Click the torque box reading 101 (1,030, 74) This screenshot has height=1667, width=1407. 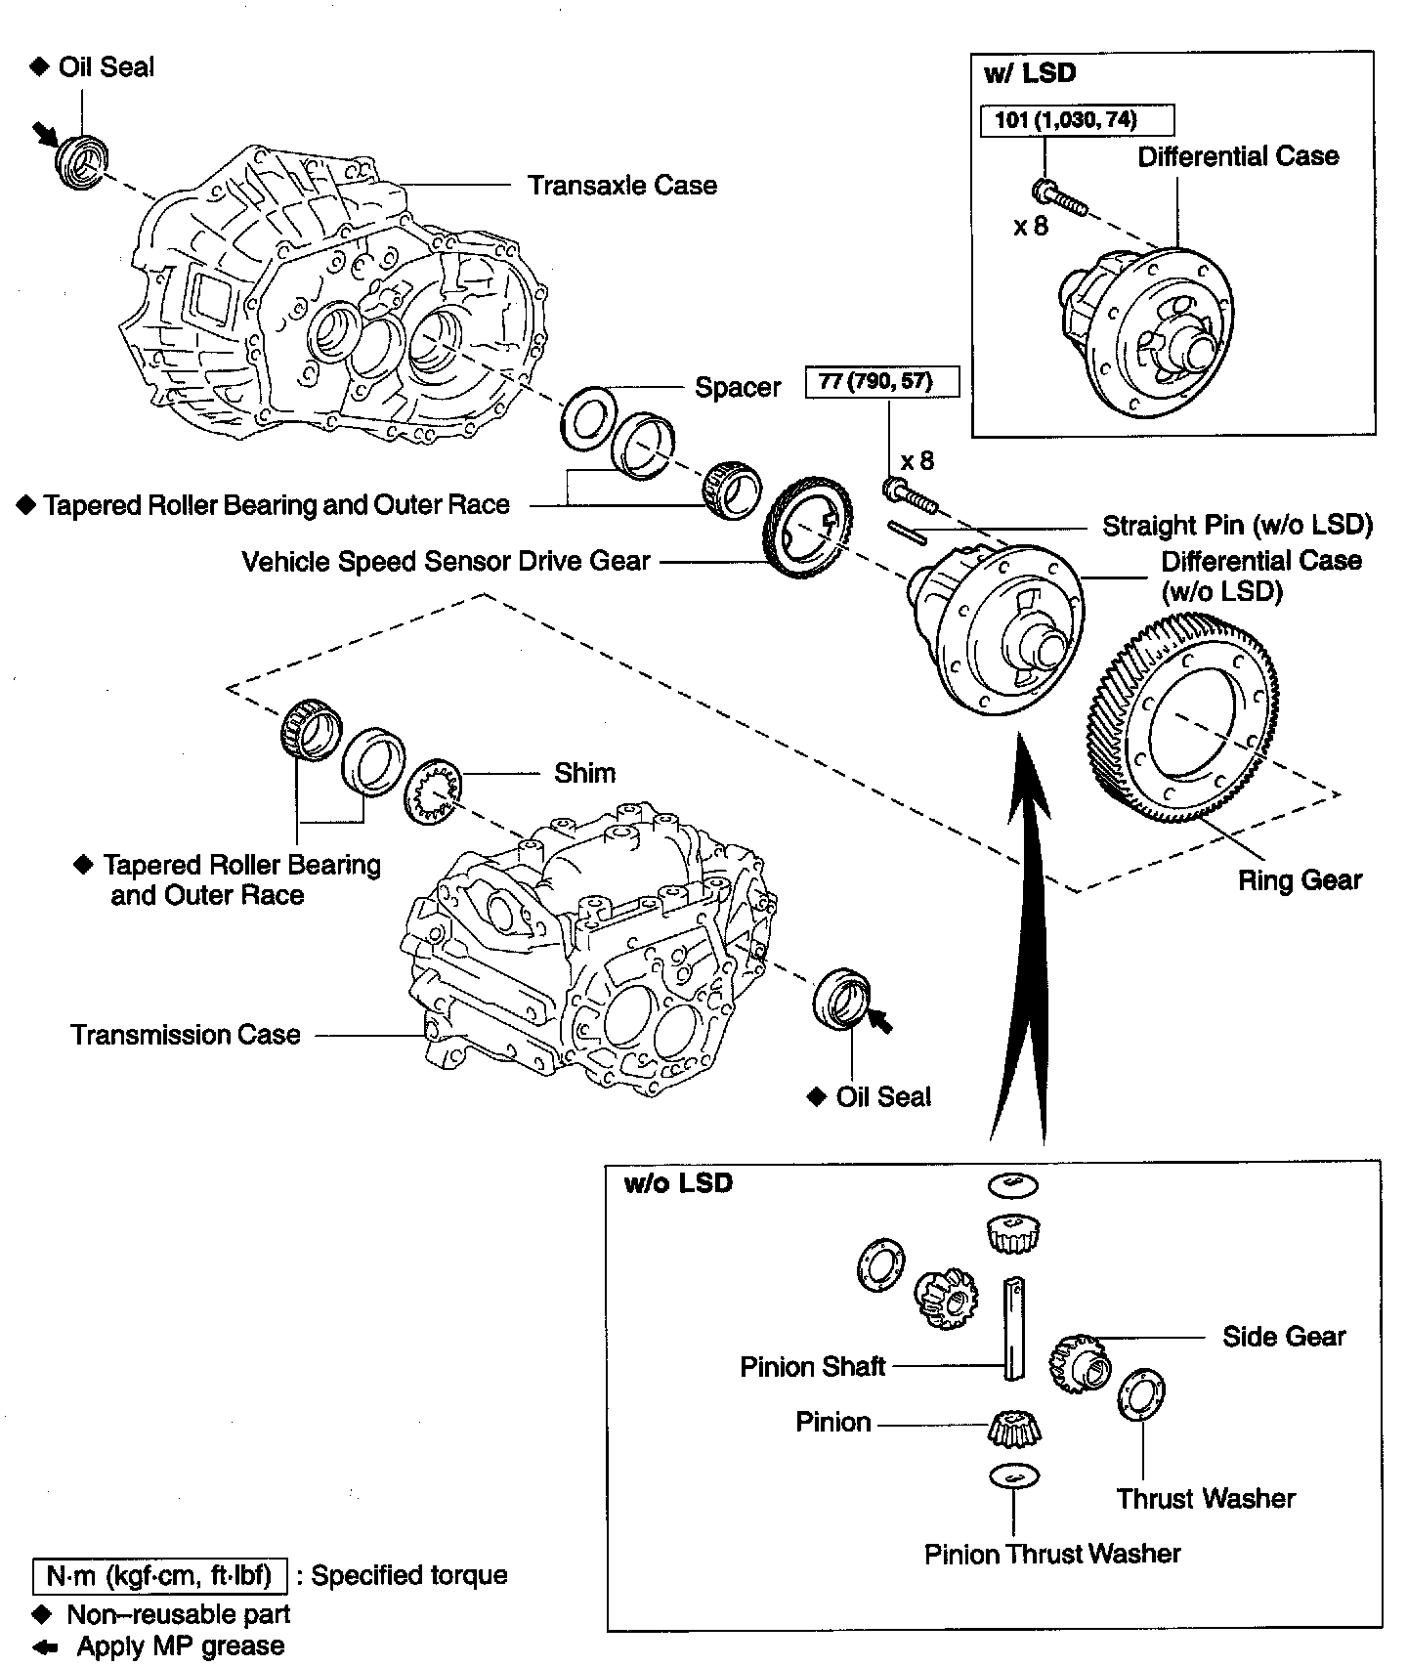pyautogui.click(x=1077, y=120)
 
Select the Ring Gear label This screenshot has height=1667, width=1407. pyautogui.click(x=1299, y=880)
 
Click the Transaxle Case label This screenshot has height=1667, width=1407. pyautogui.click(x=622, y=186)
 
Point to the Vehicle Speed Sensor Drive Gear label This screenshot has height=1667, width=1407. pyautogui.click(x=446, y=562)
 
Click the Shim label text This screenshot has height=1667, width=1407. pyautogui.click(x=584, y=773)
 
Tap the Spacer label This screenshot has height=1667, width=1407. pyautogui.click(x=738, y=388)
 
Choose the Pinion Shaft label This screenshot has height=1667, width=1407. pyautogui.click(x=812, y=1366)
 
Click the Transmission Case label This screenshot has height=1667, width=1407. pyautogui.click(x=186, y=1035)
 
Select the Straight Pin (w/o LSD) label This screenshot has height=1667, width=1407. pyautogui.click(x=1237, y=526)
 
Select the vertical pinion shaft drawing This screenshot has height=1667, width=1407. pyautogui.click(x=1013, y=1328)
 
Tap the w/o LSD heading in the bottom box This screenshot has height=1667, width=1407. pyautogui.click(x=678, y=1183)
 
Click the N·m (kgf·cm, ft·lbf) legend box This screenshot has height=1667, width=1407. pyautogui.click(x=159, y=1575)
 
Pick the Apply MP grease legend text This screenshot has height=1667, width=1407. pyautogui.click(x=181, y=1646)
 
